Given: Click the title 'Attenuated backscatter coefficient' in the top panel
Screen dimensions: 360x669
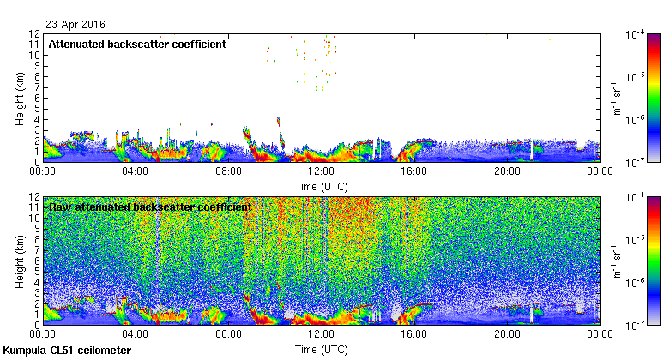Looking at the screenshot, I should [x=137, y=44].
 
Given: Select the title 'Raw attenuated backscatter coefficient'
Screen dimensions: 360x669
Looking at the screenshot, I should [x=150, y=207].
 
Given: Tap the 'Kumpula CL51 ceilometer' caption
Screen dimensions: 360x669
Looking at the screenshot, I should [x=67, y=351].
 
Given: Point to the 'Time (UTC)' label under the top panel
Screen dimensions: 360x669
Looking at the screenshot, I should [x=322, y=186].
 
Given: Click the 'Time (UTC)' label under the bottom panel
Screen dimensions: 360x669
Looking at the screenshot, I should [x=322, y=350].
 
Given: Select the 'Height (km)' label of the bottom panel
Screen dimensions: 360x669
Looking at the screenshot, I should [x=19, y=261].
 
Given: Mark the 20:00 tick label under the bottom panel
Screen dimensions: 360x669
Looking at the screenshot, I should [x=507, y=334].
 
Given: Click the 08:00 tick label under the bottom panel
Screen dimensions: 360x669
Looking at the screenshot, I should [x=229, y=334].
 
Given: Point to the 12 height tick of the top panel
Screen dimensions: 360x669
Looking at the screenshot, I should [x=35, y=33].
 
